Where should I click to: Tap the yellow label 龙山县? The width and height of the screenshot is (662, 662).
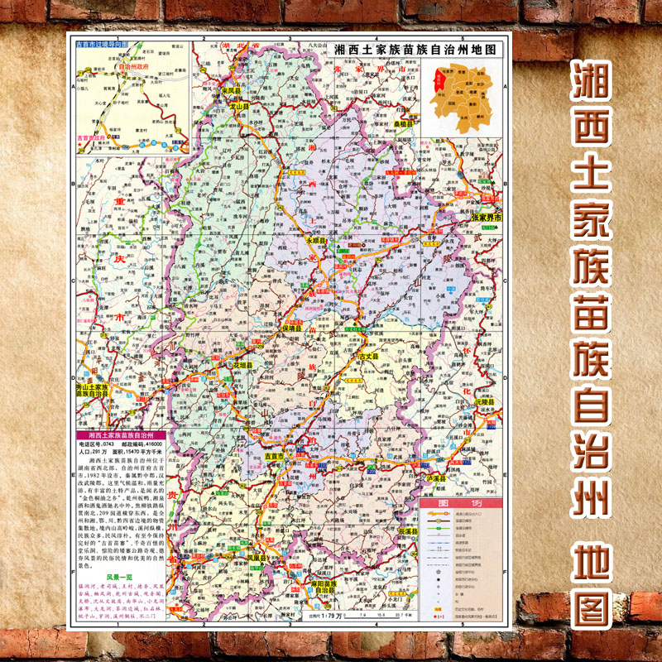239,107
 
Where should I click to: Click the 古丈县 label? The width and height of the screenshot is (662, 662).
367,355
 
